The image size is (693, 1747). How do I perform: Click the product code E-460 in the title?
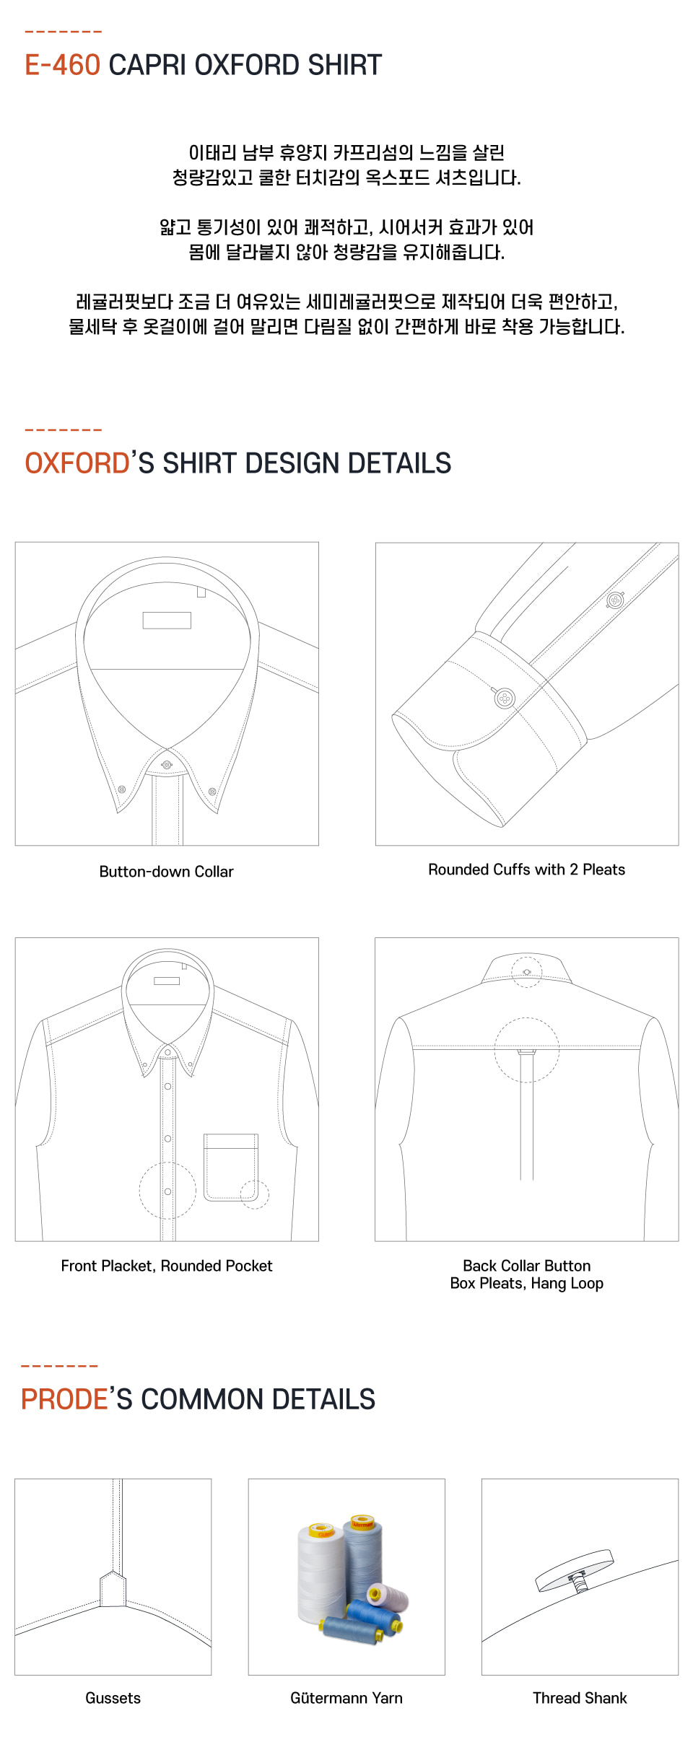point(62,65)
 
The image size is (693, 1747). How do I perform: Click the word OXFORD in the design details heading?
point(77,463)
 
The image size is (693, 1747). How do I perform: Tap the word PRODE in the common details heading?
point(64,1399)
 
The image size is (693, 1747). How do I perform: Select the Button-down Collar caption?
point(166,872)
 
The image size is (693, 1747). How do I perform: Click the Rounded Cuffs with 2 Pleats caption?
point(526,870)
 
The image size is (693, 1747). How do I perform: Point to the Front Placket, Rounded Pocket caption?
point(166,1266)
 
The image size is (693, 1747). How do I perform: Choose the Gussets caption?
point(113,1698)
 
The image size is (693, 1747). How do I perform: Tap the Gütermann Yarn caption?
point(346,1698)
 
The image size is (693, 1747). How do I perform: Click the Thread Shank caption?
point(580,1698)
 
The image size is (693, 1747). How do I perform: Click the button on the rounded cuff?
point(505,699)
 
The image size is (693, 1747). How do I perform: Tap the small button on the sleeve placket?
point(615,600)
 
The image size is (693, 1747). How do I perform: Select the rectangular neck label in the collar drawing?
point(167,621)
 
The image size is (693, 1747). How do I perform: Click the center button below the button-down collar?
point(167,764)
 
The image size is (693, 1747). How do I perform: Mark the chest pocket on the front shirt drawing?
point(231,1167)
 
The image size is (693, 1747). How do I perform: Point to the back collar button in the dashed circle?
point(527,972)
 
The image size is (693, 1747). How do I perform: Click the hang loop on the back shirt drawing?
point(527,1051)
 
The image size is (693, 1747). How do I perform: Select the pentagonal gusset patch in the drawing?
point(113,1589)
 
